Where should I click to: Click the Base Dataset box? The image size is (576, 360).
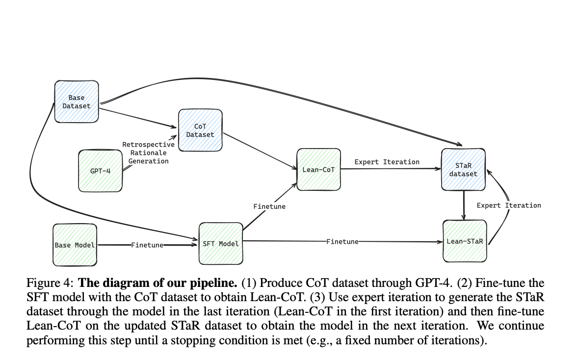click(76, 102)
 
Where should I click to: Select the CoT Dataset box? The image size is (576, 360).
click(200, 130)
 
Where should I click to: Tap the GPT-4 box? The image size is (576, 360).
click(100, 171)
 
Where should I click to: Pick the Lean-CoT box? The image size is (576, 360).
click(318, 169)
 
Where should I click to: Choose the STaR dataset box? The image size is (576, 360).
click(463, 169)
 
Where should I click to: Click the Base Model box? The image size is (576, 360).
click(75, 244)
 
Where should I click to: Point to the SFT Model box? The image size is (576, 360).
click(221, 244)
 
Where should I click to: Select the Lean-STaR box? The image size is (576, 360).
click(465, 241)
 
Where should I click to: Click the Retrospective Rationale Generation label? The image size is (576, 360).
click(148, 153)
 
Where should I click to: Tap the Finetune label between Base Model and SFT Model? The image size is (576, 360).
click(147, 245)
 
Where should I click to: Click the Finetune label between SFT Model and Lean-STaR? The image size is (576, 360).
click(342, 241)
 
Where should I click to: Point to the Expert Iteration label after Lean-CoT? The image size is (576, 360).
click(387, 161)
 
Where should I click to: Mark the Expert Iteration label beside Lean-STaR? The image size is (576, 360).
click(509, 205)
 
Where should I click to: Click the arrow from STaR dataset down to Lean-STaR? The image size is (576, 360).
click(464, 206)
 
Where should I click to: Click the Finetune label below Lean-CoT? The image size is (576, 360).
click(269, 206)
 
